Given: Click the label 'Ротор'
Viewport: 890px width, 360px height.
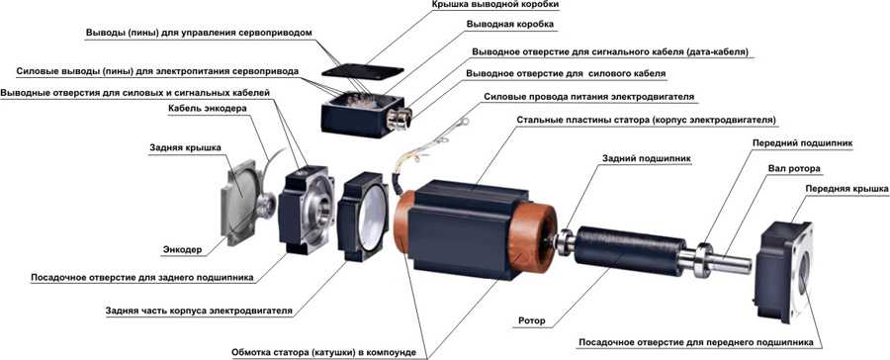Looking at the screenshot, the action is tap(532, 321).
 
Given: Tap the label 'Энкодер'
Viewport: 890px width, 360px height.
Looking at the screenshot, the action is tap(182, 249).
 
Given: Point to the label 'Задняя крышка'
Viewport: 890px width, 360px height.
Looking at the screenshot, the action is tap(185, 148).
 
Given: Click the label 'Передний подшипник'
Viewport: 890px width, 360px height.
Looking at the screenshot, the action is tap(803, 143).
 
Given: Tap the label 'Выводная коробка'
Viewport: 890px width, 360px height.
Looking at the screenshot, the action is tap(509, 25).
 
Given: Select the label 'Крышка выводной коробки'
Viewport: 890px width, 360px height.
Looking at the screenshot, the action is tap(494, 5).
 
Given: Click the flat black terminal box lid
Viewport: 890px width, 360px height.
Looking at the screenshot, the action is tap(363, 72).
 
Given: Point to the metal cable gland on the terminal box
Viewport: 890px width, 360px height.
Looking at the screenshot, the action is tap(397, 119).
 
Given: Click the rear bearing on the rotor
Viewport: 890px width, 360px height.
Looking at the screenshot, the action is tap(566, 240).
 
